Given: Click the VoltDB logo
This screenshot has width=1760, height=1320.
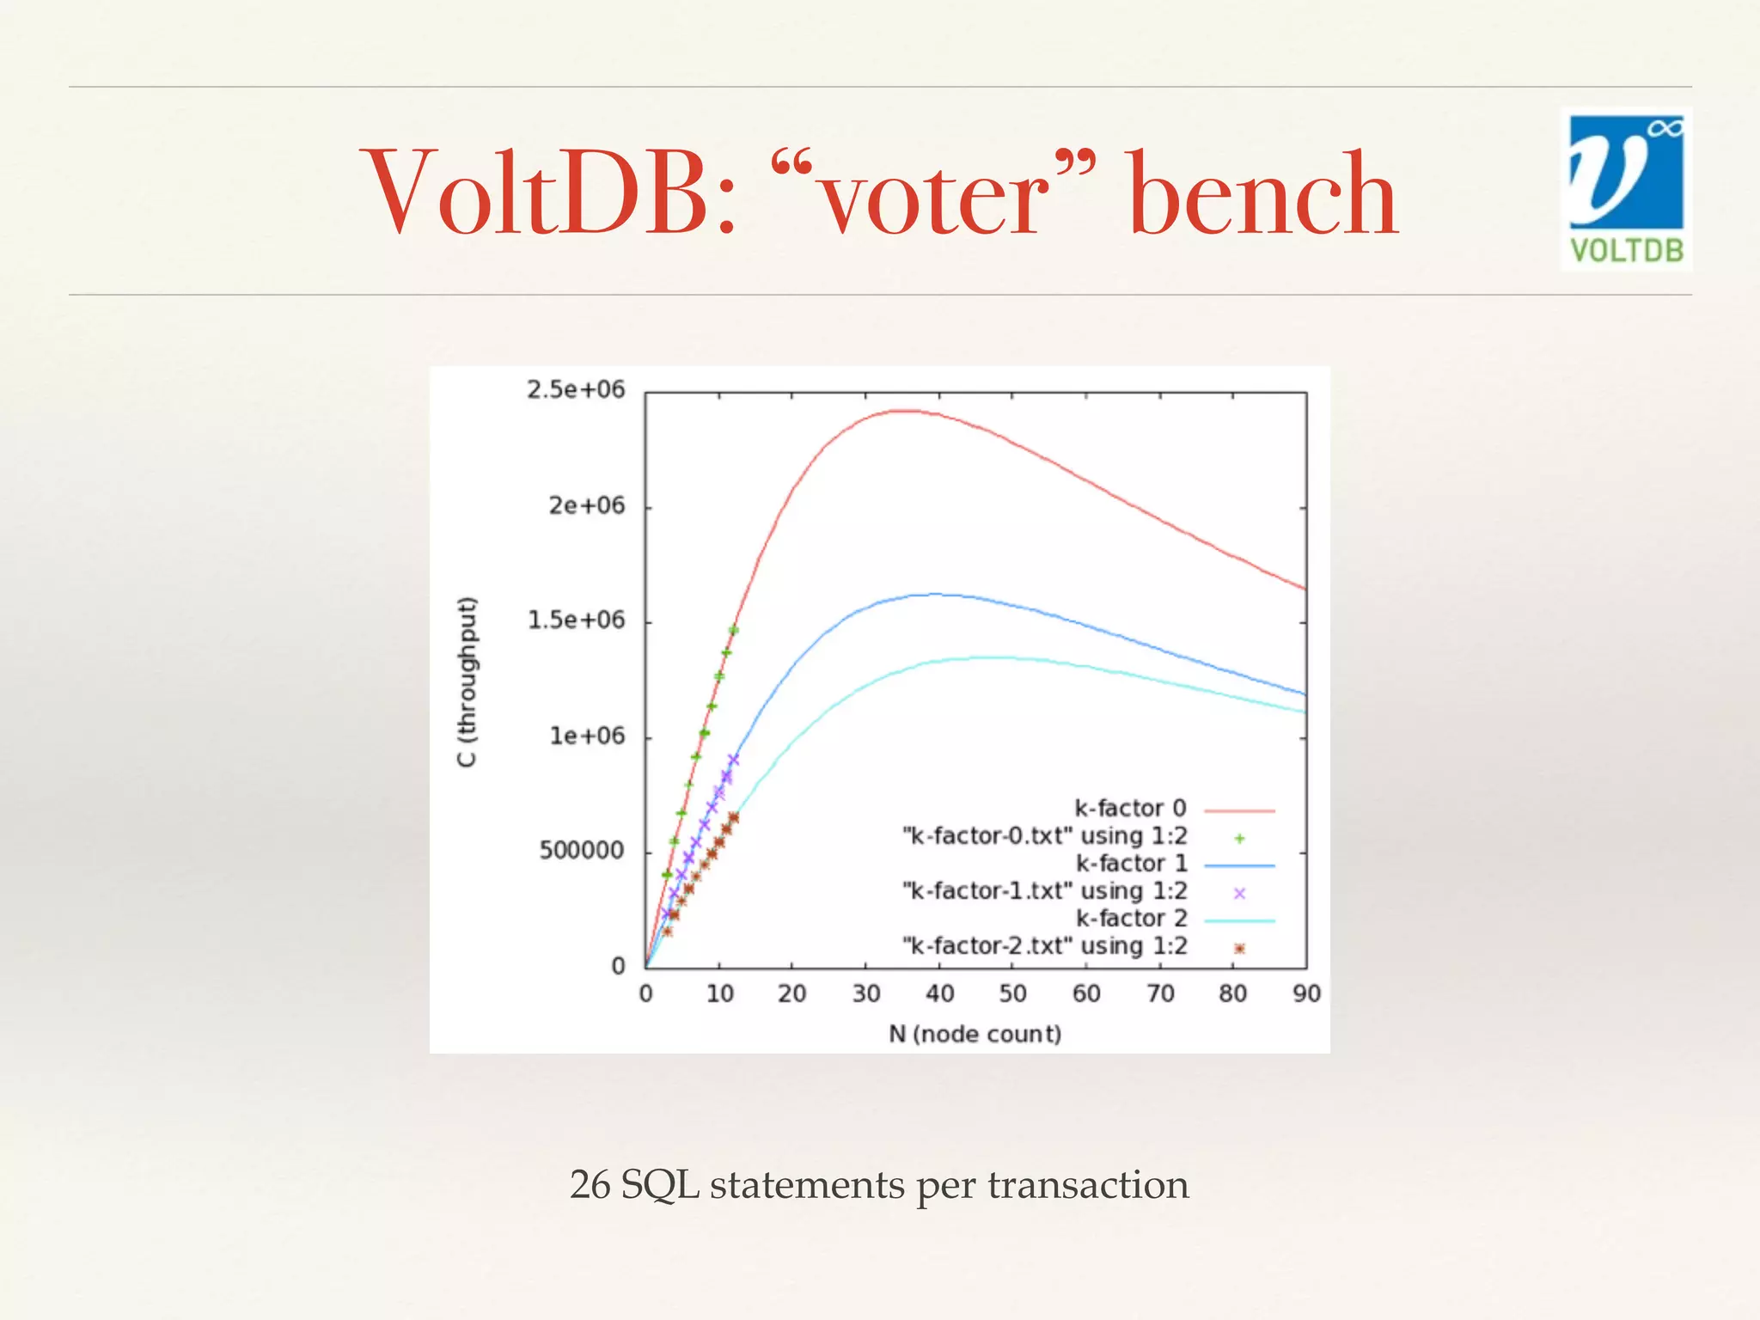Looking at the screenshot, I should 1626,189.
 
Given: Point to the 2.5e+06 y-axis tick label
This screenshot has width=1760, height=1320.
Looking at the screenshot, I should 576,390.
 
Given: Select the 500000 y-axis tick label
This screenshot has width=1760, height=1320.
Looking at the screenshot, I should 582,851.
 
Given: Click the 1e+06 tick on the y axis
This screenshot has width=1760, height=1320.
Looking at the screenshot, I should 587,736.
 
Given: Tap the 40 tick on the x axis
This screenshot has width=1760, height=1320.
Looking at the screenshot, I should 939,994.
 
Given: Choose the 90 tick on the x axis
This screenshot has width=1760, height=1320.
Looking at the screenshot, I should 1306,994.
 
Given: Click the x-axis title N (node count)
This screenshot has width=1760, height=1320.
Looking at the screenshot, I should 975,1034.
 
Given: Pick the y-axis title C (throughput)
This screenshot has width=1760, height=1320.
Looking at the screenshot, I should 467,681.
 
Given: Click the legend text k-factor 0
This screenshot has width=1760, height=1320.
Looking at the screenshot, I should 1130,809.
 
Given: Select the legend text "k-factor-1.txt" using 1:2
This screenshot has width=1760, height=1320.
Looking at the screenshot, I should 1045,891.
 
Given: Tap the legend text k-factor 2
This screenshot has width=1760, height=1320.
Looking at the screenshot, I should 1131,919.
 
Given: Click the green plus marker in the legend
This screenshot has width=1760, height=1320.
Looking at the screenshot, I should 1239,838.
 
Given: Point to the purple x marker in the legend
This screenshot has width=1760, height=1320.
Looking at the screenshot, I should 1239,894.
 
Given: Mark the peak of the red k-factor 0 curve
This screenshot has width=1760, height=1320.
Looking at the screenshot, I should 902,412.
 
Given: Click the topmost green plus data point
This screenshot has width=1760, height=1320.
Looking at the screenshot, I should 733,630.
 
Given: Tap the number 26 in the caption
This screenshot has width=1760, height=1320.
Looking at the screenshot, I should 590,1185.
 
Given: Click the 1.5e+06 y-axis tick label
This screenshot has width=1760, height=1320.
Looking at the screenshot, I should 576,620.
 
